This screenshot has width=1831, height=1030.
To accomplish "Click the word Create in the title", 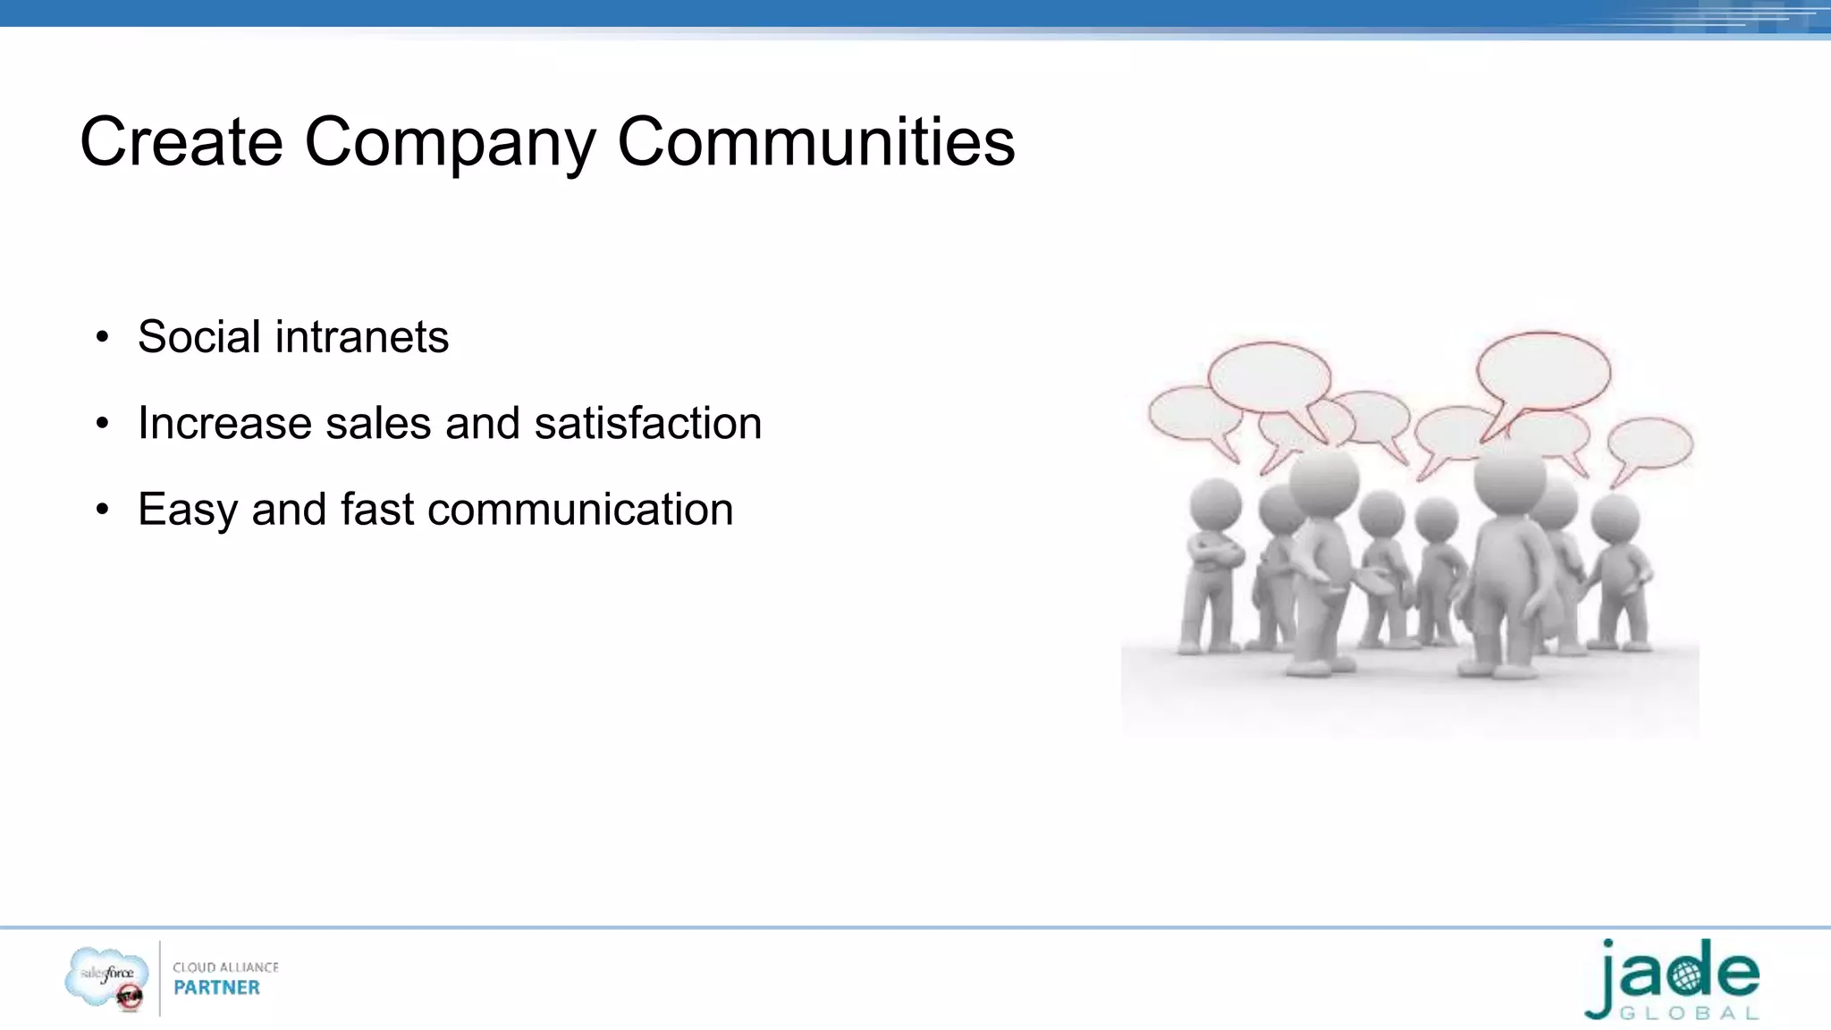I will coord(181,142).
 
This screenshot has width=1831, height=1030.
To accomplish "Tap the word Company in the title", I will coord(450,142).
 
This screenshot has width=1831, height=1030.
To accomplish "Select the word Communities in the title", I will coord(815,142).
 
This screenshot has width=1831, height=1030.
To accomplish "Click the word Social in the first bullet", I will coord(199,337).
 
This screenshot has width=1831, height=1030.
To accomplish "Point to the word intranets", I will coord(361,337).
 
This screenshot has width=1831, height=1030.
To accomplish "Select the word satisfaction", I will coord(647,423).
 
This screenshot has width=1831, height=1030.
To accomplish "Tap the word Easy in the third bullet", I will coord(188,510).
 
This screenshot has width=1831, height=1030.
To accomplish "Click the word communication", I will coord(580,510).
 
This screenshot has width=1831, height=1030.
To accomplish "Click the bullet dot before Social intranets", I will coord(103,338).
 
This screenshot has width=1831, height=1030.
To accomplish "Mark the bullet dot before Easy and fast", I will coord(103,511).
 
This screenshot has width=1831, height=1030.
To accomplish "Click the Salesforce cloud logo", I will coord(106,976).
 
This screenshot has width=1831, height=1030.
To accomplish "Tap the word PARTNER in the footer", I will coord(216,988).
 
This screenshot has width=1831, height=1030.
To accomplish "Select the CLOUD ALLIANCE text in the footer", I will coord(225,967).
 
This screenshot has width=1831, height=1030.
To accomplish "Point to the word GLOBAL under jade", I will coord(1689,1014).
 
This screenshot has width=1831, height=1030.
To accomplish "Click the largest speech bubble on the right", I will coord(1542,370).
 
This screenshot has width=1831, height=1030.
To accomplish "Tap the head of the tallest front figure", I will coord(1509,477).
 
